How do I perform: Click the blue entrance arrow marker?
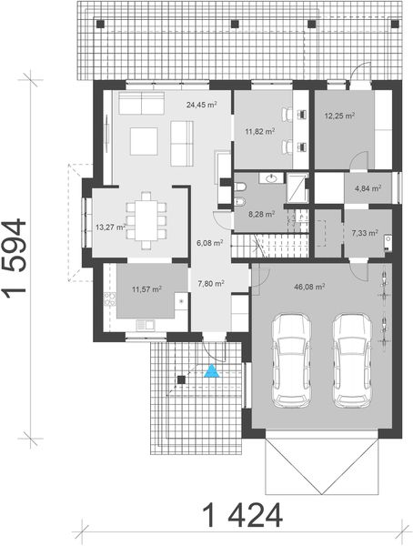pos(211,370)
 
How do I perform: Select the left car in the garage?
pos(294,359)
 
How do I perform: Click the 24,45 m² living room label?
pos(201,106)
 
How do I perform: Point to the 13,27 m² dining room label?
pos(109,227)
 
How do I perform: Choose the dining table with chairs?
pos(146,219)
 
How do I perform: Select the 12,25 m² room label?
pos(337,116)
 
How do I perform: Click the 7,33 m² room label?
pos(364,233)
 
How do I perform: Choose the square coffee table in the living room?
pos(143,141)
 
